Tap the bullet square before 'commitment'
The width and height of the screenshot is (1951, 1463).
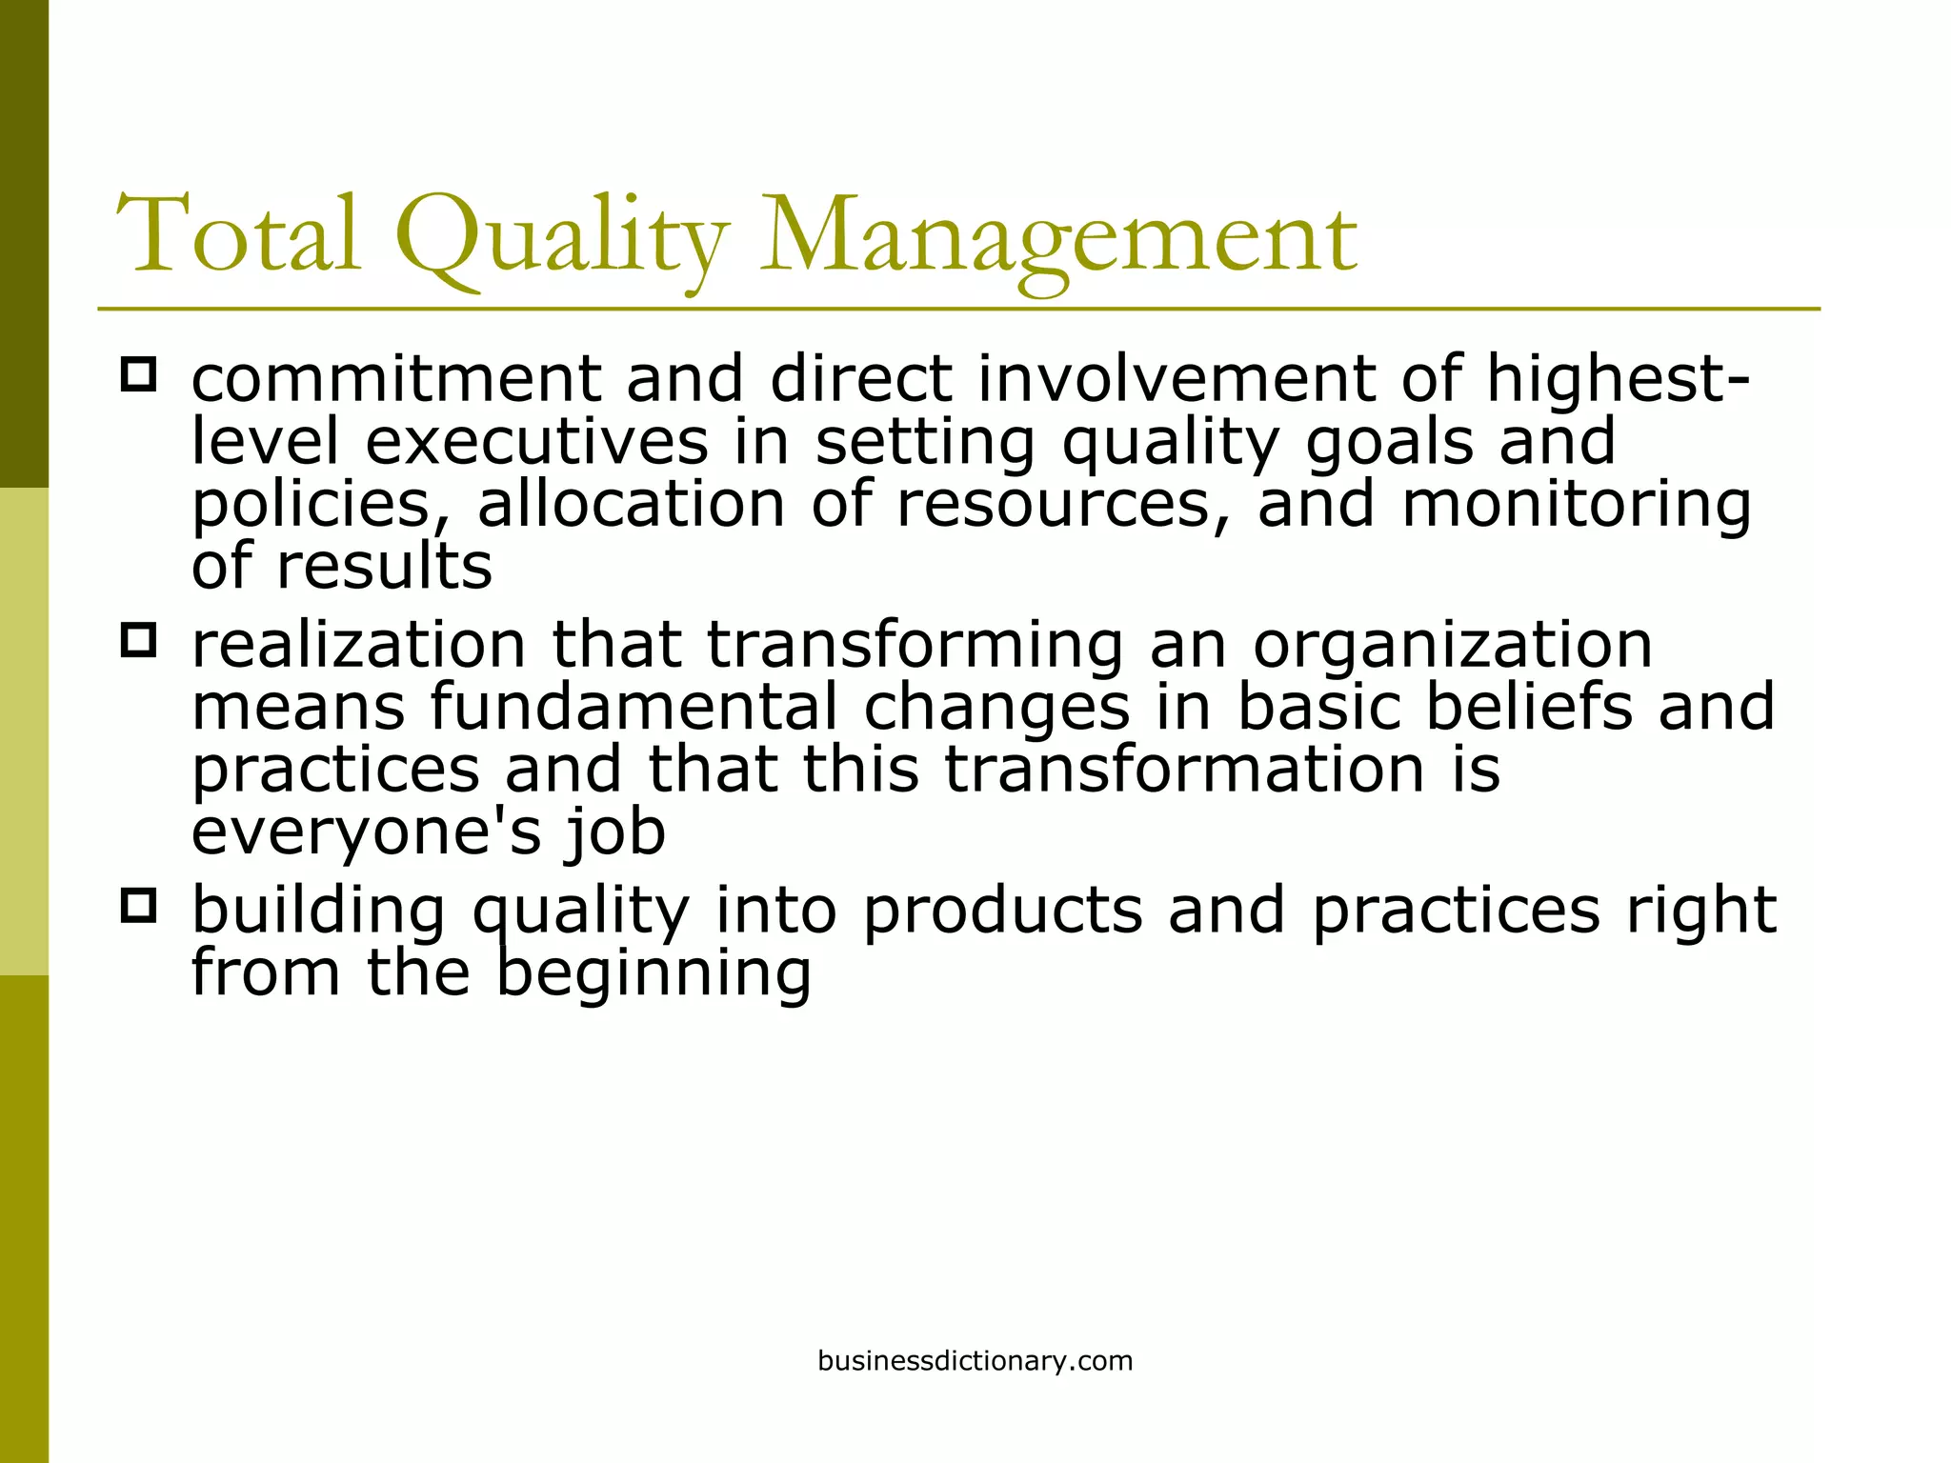[x=139, y=373]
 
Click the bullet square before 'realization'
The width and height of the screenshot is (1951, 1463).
[x=139, y=640]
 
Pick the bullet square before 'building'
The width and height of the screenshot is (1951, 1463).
[x=139, y=906]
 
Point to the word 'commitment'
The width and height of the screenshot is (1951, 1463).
[x=396, y=379]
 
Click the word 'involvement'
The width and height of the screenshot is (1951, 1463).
[x=1177, y=379]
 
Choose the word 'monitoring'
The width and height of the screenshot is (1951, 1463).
[x=1577, y=506]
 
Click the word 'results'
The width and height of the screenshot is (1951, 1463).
[x=384, y=567]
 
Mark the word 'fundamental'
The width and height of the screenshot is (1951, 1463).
[x=634, y=707]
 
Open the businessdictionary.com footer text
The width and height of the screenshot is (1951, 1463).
[x=975, y=1361]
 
